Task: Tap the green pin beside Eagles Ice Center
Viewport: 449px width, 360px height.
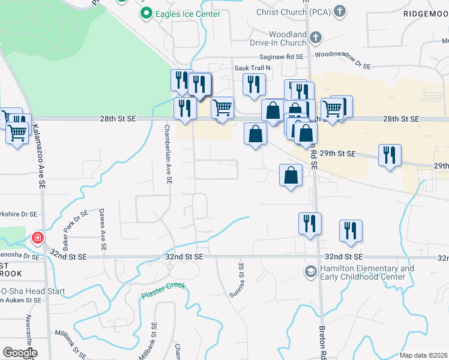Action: click(145, 13)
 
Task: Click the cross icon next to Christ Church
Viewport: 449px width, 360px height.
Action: click(340, 11)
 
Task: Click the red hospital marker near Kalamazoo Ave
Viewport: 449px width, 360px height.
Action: click(38, 238)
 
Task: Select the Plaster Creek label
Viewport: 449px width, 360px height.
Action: click(163, 292)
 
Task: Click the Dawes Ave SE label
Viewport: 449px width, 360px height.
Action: click(103, 229)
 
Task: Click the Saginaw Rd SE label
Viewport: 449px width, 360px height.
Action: click(286, 56)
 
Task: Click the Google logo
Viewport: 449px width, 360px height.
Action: click(19, 353)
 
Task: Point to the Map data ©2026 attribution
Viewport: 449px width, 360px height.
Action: click(423, 355)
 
